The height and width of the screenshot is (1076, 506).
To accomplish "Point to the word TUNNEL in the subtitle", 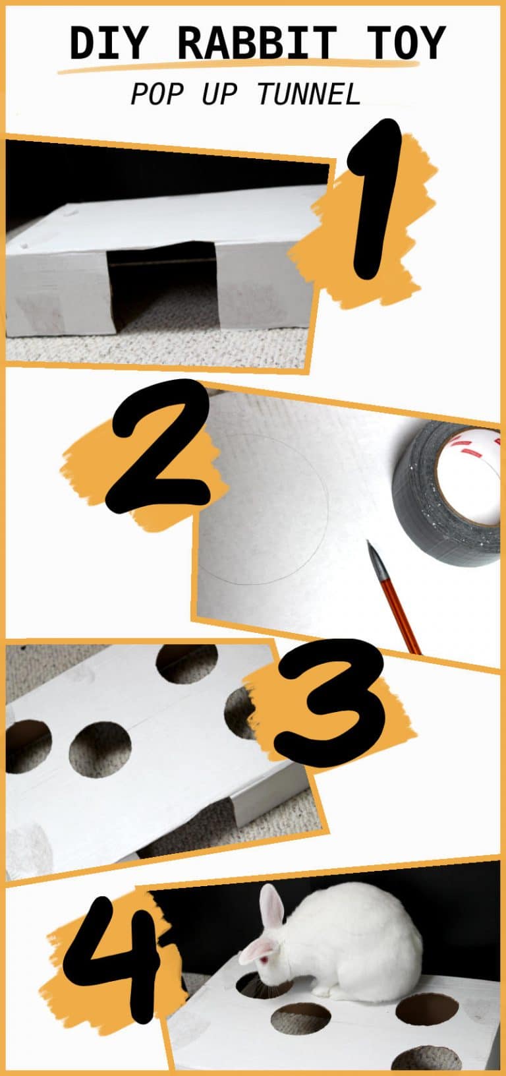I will tap(309, 95).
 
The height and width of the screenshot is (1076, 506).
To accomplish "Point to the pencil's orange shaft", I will tap(401, 610).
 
